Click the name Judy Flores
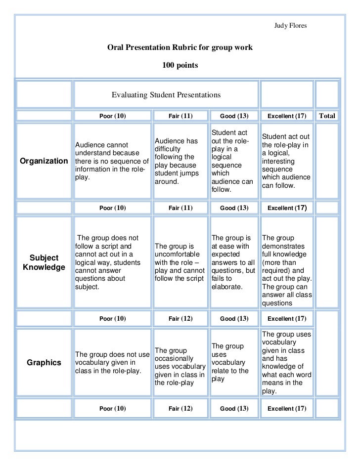click(290, 25)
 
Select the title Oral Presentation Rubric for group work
click(180, 48)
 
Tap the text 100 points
click(180, 65)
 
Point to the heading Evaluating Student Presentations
click(166, 94)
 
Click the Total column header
click(327, 116)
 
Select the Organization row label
click(44, 161)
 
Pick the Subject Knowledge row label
click(44, 263)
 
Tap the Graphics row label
click(44, 363)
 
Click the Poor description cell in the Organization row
click(112, 161)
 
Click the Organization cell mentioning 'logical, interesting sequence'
click(286, 161)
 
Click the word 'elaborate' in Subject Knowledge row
click(226, 286)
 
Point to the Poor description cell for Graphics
click(112, 363)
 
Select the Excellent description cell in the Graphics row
click(286, 363)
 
